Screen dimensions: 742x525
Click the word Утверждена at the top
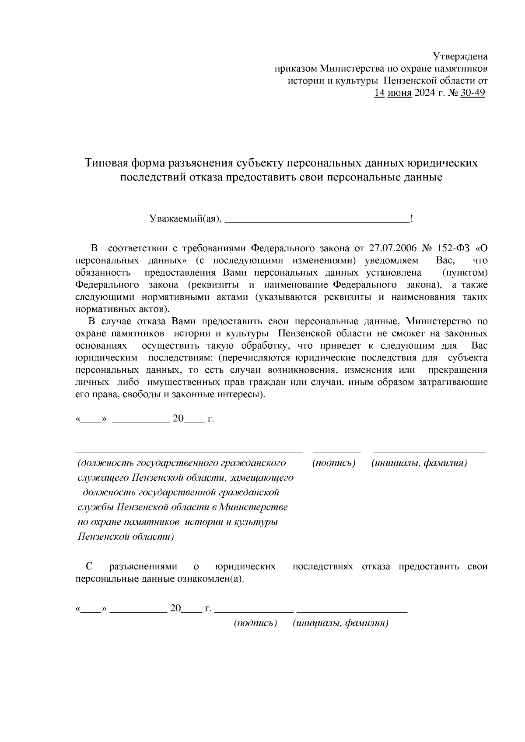coord(460,56)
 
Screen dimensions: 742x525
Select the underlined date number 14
coord(379,93)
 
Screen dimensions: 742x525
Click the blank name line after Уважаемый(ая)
coord(317,221)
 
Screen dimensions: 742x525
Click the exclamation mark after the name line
coord(412,218)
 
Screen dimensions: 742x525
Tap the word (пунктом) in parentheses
coord(465,273)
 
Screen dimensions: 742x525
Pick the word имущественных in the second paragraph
coord(183,382)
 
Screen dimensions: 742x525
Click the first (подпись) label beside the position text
coord(333,463)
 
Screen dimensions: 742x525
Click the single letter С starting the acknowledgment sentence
coord(89,567)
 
